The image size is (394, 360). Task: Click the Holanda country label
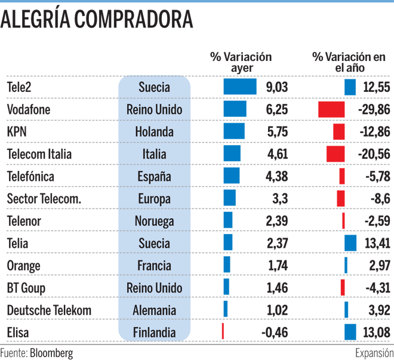pyautogui.click(x=154, y=132)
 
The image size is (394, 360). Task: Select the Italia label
pyautogui.click(x=154, y=154)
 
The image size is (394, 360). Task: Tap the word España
pyautogui.click(x=154, y=177)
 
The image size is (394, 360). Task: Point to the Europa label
pyautogui.click(x=154, y=199)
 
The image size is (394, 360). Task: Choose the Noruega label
pyautogui.click(x=154, y=221)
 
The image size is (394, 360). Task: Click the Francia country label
pyautogui.click(x=154, y=266)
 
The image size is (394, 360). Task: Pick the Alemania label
pyautogui.click(x=154, y=310)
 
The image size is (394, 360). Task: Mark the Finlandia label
pyautogui.click(x=154, y=333)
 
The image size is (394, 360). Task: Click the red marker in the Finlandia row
pyautogui.click(x=222, y=330)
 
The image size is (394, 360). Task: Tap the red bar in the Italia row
pyautogui.click(x=334, y=153)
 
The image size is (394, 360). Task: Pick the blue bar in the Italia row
pyautogui.click(x=230, y=153)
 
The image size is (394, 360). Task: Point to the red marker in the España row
pyautogui.click(x=341, y=176)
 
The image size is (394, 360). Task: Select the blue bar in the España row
pyautogui.click(x=230, y=176)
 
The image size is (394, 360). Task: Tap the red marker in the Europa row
pyautogui.click(x=340, y=198)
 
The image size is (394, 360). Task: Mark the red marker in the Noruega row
pyautogui.click(x=343, y=220)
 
